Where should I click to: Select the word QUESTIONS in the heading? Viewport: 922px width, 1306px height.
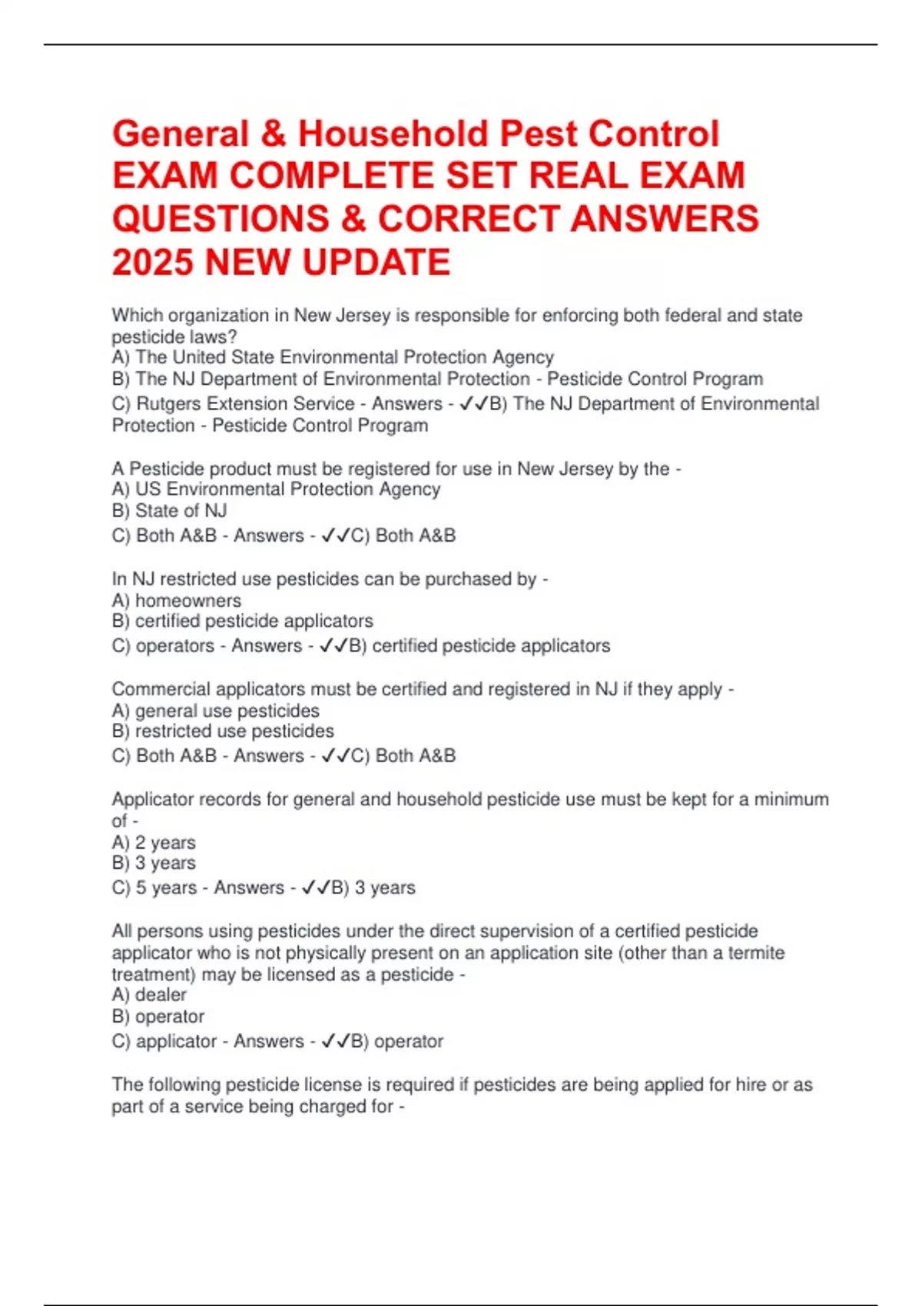pos(220,220)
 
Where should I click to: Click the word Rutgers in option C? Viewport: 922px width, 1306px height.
pos(168,404)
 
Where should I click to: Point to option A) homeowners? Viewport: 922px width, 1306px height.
pos(176,601)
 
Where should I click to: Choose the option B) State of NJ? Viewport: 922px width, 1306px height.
pos(169,511)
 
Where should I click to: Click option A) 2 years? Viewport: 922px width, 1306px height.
pos(154,843)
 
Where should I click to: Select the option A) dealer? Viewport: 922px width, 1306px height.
pos(149,995)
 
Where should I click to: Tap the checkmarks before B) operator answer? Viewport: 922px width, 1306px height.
pos(335,1042)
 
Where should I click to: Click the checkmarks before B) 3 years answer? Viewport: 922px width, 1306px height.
pos(316,888)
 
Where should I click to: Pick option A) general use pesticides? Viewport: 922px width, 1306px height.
pos(215,711)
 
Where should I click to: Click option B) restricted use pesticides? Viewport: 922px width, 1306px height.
pos(223,731)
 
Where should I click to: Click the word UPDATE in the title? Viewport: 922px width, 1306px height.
pos(376,263)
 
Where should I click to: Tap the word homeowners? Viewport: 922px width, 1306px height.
pos(188,601)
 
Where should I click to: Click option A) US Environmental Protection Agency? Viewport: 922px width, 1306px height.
pos(276,489)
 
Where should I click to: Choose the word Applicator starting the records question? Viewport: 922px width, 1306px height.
pos(152,800)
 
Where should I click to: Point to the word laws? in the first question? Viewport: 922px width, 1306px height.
pos(214,337)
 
